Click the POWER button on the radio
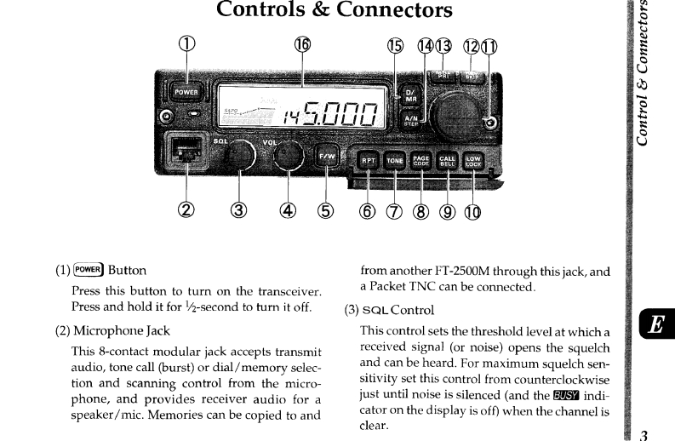pyautogui.click(x=186, y=92)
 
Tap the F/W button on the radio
pyautogui.click(x=328, y=157)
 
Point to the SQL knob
pyautogui.click(x=241, y=155)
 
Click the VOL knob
pyautogui.click(x=289, y=155)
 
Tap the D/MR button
pyautogui.click(x=409, y=95)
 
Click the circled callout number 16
pyautogui.click(x=302, y=46)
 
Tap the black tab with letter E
pyautogui.click(x=656, y=325)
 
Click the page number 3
pyautogui.click(x=644, y=434)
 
